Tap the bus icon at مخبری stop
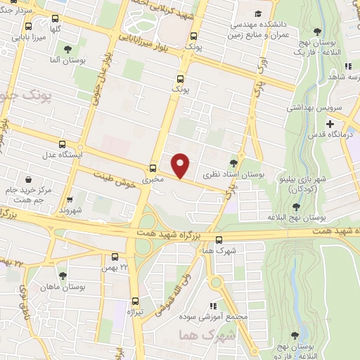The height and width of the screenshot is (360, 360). tap(153, 168)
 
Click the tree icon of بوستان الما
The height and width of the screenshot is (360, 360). tap(67, 49)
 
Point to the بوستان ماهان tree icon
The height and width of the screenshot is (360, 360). tap(63, 276)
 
